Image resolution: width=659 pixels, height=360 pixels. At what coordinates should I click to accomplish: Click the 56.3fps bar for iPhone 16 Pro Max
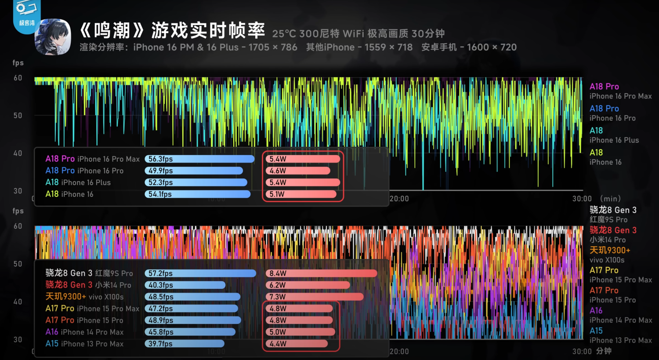point(199,159)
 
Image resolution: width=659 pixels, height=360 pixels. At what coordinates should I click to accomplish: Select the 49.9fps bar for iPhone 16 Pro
point(194,171)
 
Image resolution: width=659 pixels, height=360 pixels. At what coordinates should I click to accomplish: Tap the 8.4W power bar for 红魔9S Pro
point(322,273)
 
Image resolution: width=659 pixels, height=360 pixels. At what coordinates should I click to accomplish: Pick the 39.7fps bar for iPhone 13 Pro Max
point(185,343)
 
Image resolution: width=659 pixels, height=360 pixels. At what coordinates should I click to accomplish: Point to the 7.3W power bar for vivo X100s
point(315,297)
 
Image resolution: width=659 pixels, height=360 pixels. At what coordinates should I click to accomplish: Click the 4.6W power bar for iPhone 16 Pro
point(298,171)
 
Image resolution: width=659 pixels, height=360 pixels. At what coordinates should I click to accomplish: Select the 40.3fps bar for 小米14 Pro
point(185,285)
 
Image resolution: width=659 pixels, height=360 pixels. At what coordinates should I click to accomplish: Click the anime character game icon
point(53,37)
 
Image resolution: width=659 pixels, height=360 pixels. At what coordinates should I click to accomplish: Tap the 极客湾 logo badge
point(27,16)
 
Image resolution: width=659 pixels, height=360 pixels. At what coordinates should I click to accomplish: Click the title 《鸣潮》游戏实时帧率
point(172,30)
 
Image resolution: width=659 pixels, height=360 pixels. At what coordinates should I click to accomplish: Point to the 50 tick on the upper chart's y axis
point(18,116)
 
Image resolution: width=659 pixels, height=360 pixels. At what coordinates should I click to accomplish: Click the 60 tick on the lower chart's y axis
point(18,226)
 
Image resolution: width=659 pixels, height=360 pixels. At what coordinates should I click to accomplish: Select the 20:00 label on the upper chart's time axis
point(399,199)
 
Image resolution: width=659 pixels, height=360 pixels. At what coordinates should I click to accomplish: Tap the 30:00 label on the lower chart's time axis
point(582,351)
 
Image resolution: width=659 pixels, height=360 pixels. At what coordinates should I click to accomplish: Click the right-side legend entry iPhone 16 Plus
point(614,140)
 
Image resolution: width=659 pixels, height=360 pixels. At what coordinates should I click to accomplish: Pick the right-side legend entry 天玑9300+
point(610,250)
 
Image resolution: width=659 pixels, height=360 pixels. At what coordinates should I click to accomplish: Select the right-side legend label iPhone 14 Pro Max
point(621,320)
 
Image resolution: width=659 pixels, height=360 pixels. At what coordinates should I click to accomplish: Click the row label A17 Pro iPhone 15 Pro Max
point(92,309)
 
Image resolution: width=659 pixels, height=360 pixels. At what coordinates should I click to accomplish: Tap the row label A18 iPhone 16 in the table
point(69,194)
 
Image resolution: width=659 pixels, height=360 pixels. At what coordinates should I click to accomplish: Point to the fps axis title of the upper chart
point(18,63)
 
